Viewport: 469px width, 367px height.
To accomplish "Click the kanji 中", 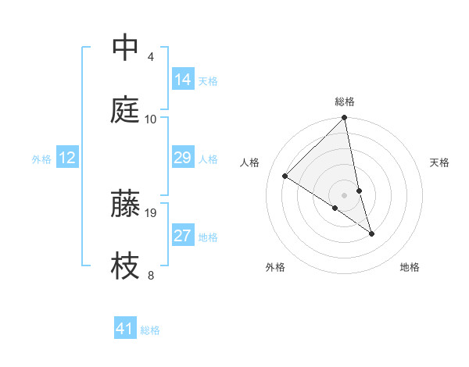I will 126,48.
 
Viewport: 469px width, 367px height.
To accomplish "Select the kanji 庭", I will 126,110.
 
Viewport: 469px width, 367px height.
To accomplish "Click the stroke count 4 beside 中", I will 151,57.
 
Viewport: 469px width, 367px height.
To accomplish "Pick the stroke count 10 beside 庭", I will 151,119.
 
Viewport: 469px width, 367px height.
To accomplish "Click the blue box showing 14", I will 183,80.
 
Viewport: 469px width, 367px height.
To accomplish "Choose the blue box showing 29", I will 183,158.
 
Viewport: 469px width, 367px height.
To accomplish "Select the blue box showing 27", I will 183,236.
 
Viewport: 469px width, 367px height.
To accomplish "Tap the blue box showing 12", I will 67,158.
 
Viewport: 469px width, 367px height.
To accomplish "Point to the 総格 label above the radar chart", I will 345,102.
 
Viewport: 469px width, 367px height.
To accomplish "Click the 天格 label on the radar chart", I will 439,162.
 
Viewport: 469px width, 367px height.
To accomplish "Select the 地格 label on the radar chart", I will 410,267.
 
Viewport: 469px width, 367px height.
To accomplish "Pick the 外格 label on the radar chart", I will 275,267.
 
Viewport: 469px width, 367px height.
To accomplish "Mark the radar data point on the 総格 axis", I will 345,118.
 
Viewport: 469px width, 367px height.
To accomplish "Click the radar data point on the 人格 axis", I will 285,176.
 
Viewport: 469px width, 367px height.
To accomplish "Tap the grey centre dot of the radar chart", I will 345,194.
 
